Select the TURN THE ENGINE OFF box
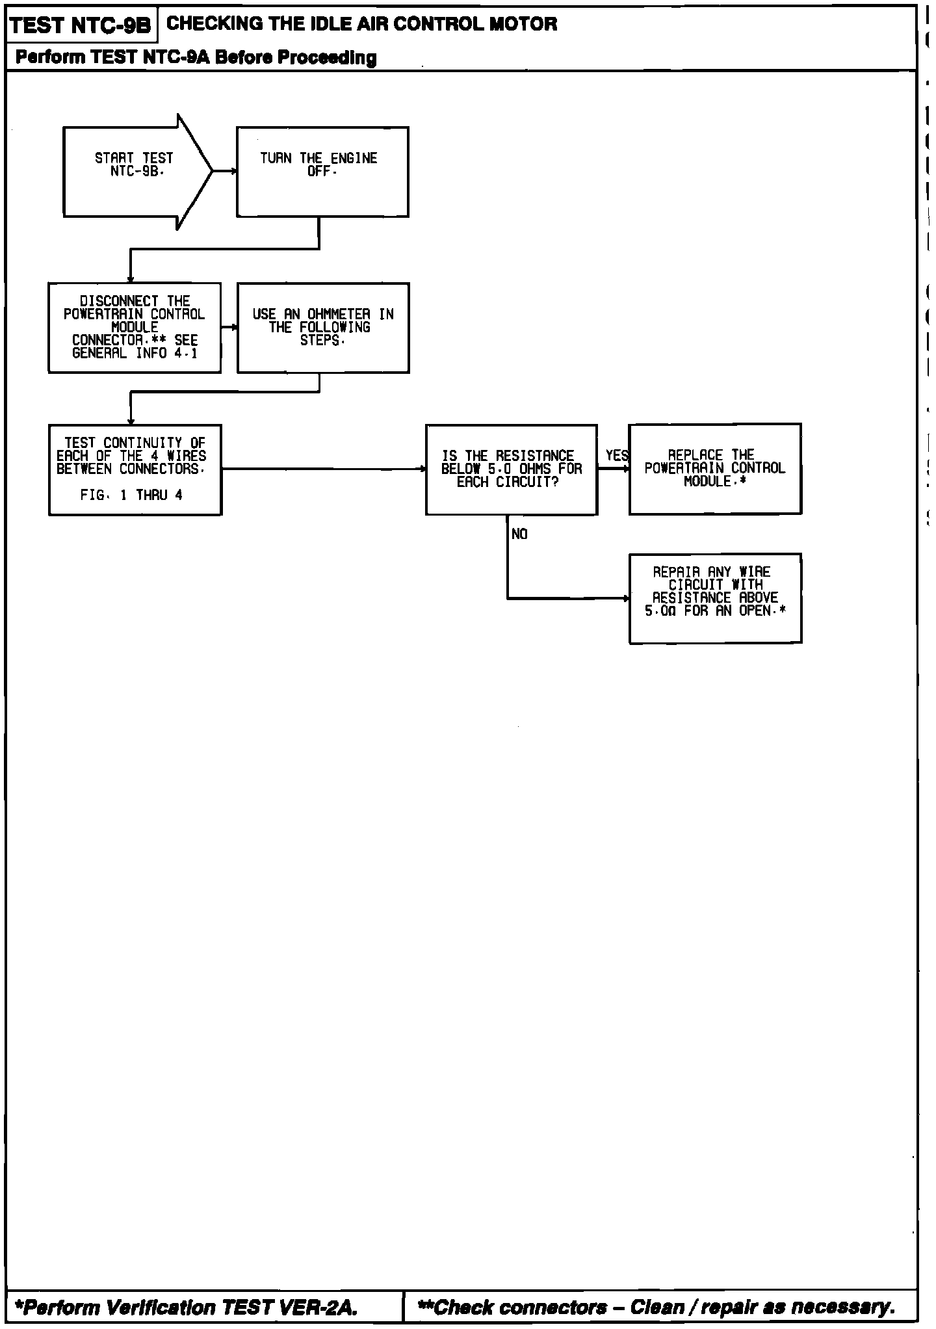point(322,172)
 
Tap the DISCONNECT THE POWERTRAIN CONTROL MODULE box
point(135,328)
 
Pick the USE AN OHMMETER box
point(323,328)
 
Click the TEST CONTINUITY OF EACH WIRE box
point(135,469)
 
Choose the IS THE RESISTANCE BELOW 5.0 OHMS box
point(512,469)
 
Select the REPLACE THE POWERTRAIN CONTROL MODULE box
point(715,469)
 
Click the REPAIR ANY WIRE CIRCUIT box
point(715,598)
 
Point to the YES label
point(616,456)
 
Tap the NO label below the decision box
point(519,534)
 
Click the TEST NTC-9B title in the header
point(81,26)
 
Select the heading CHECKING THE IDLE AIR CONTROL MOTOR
point(362,25)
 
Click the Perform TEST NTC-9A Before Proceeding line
point(196,58)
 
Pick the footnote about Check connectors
point(656,1307)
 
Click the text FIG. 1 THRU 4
point(131,495)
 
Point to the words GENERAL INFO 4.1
point(135,354)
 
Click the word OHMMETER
point(338,315)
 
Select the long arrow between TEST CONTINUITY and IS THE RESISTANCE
point(323,468)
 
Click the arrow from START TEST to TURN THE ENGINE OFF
point(224,172)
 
